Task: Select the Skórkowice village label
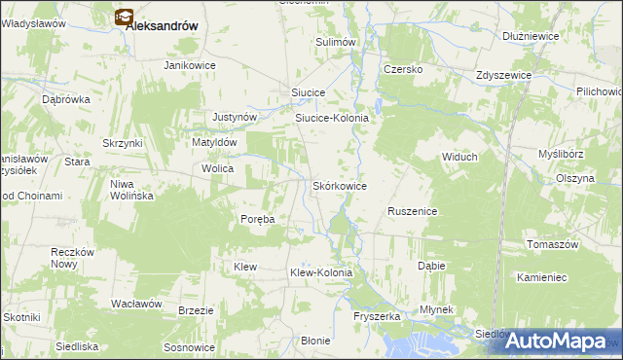pos(339,185)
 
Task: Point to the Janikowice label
pos(189,65)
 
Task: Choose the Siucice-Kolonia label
pos(332,118)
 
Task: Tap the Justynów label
pos(235,117)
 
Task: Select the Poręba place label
pos(258,219)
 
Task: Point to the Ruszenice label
pos(413,211)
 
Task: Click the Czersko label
pos(401,69)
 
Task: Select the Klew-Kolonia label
pos(321,273)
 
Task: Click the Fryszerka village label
pos(378,316)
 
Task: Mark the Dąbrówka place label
pos(66,99)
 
